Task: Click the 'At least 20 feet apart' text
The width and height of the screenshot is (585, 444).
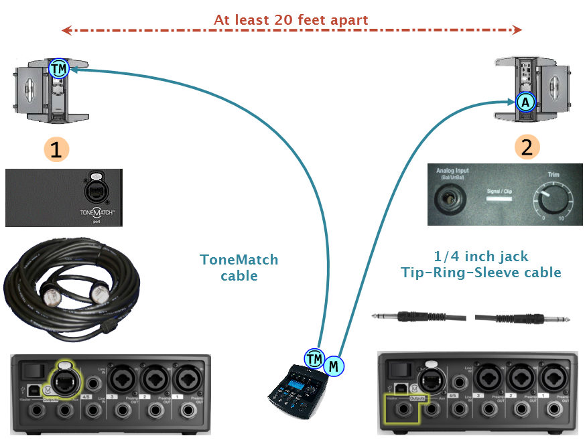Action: coord(291,19)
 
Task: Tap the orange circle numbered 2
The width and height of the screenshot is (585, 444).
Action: coord(527,147)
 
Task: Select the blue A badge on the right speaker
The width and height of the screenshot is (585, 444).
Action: coord(526,102)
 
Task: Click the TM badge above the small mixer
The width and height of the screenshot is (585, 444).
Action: coord(314,359)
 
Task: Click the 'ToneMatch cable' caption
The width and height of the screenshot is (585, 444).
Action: coord(239,267)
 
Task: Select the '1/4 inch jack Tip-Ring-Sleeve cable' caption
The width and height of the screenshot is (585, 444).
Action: coord(481,264)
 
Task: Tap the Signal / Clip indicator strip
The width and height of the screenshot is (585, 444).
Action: coord(504,199)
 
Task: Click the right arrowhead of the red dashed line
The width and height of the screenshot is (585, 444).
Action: coord(516,29)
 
